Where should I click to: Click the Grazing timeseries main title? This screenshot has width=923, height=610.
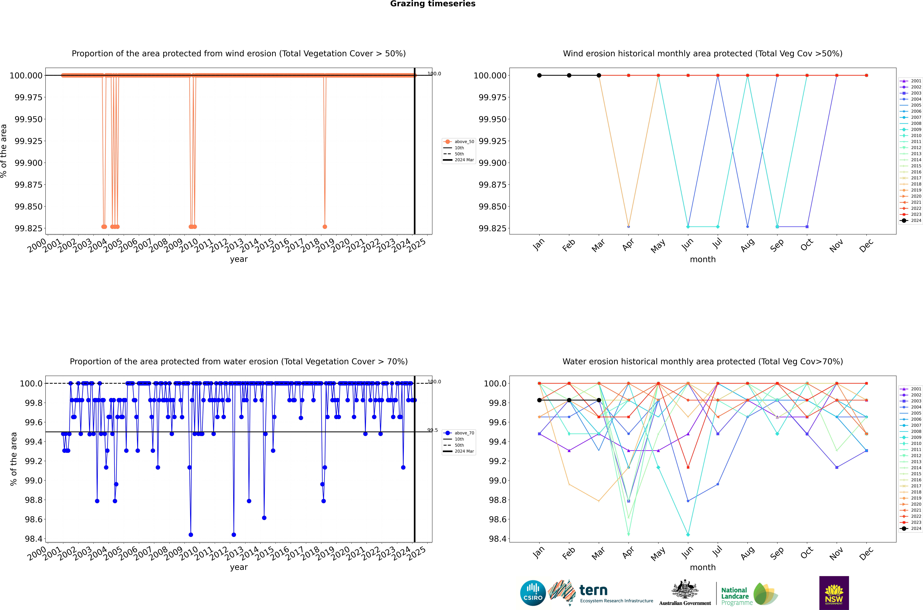coord(432,4)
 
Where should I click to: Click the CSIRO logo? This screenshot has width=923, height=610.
coord(533,593)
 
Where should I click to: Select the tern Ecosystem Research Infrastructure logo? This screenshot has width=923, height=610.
coord(601,593)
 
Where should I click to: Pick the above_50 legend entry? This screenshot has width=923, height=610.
coord(459,142)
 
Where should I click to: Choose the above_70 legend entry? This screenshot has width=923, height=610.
coord(459,433)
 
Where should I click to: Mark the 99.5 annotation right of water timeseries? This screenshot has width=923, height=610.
coord(432,430)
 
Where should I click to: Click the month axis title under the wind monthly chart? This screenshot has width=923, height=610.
coord(702,260)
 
